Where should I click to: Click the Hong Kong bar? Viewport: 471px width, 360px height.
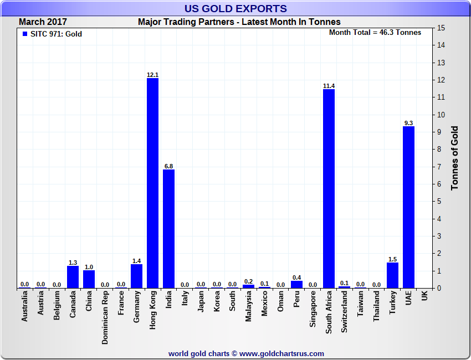click(x=152, y=183)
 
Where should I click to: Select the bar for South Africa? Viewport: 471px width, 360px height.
click(x=329, y=188)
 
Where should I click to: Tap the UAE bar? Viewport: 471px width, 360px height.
click(x=408, y=207)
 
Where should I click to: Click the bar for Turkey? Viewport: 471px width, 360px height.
click(x=392, y=275)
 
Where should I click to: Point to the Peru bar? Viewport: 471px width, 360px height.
click(x=296, y=284)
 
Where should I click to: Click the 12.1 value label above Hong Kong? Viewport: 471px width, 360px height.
click(x=152, y=75)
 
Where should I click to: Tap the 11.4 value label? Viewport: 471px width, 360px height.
click(x=329, y=86)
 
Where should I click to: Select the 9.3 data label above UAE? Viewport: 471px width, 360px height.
click(x=408, y=123)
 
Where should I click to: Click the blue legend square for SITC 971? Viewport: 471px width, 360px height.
click(x=24, y=34)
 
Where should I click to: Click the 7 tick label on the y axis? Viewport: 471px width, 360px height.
click(x=439, y=167)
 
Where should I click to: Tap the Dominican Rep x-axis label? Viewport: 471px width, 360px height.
click(x=105, y=318)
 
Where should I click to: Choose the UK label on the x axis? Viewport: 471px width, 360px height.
click(x=424, y=296)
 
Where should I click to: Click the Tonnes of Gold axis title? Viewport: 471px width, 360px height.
click(x=455, y=158)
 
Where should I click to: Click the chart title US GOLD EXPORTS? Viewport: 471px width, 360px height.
click(x=235, y=8)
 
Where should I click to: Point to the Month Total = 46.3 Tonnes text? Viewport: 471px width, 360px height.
click(x=375, y=32)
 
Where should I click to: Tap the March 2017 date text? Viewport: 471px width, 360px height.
click(x=43, y=22)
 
